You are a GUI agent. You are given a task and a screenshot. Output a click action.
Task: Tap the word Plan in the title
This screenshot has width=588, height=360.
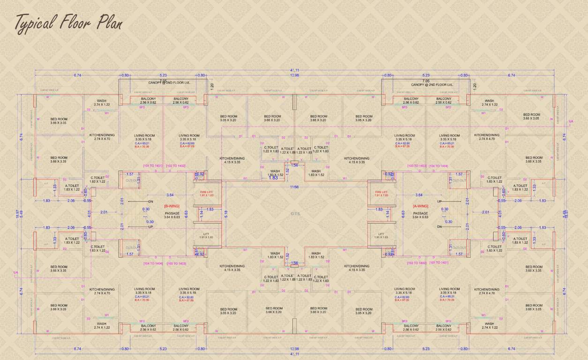pyautogui.click(x=109, y=22)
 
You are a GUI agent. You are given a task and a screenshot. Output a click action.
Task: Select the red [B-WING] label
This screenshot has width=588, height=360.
pyautogui.click(x=172, y=206)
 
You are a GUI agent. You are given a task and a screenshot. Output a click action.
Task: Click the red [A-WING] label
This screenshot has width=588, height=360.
pyautogui.click(x=420, y=206)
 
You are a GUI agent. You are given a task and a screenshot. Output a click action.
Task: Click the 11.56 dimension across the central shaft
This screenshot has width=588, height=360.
pyautogui.click(x=294, y=187)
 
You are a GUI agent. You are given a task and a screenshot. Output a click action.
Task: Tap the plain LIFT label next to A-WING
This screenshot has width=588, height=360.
pyautogui.click(x=381, y=235)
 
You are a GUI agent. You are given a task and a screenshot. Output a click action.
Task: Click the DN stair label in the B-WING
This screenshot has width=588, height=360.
pyautogui.click(x=151, y=201)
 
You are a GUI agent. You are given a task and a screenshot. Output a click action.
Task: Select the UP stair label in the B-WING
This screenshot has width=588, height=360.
pyautogui.click(x=151, y=227)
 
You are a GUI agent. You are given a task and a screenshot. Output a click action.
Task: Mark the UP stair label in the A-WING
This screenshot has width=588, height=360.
pyautogui.click(x=439, y=201)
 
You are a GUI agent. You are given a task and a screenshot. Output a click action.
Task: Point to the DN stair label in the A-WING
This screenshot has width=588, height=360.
pyautogui.click(x=439, y=227)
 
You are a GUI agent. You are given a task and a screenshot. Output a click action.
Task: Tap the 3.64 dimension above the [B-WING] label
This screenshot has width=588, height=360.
pyautogui.click(x=171, y=195)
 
